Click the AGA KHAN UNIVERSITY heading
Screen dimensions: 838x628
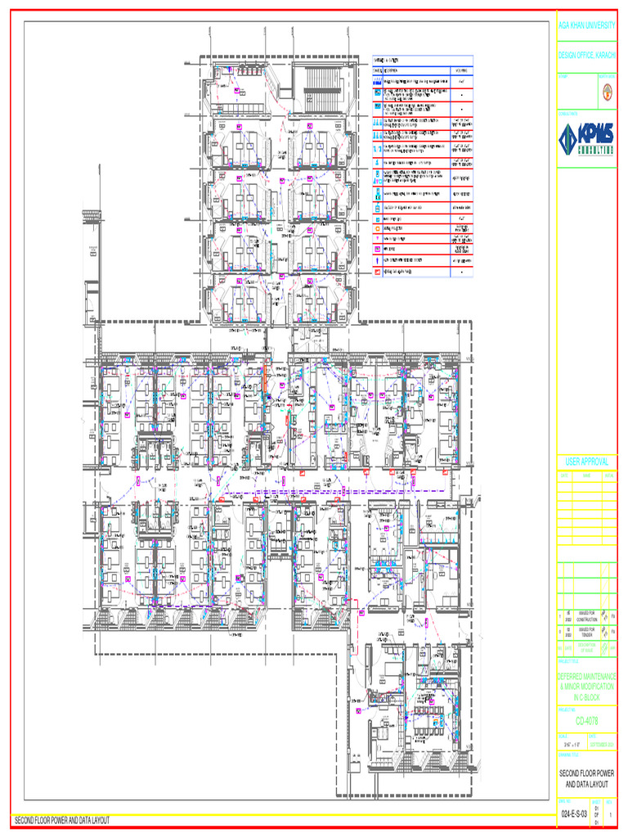click(x=586, y=26)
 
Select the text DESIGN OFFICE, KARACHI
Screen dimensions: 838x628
click(x=586, y=54)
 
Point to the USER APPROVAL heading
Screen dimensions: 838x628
click(x=586, y=462)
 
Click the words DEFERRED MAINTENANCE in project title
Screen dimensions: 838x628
click(x=586, y=678)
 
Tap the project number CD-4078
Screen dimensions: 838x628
click(x=586, y=721)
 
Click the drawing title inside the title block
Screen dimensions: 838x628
click(x=586, y=778)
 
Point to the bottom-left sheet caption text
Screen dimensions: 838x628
click(x=62, y=820)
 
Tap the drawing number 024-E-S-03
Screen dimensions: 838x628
click(x=573, y=816)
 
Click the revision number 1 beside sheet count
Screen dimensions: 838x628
click(x=610, y=816)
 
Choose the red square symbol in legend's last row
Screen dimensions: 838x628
click(x=377, y=271)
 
